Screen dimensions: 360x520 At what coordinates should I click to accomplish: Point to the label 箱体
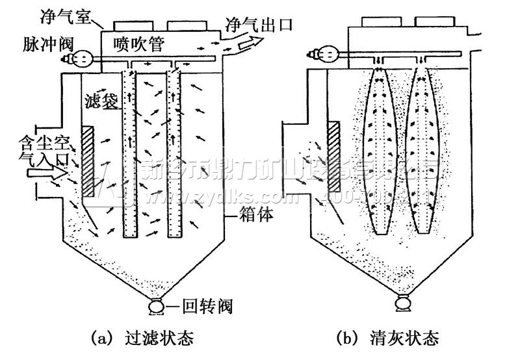click(255, 212)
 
